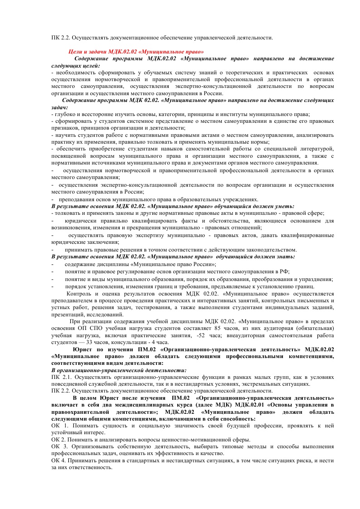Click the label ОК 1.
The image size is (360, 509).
[x=59, y=426]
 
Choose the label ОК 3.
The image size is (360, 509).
[x=59, y=446]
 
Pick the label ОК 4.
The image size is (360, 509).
[x=59, y=461]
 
